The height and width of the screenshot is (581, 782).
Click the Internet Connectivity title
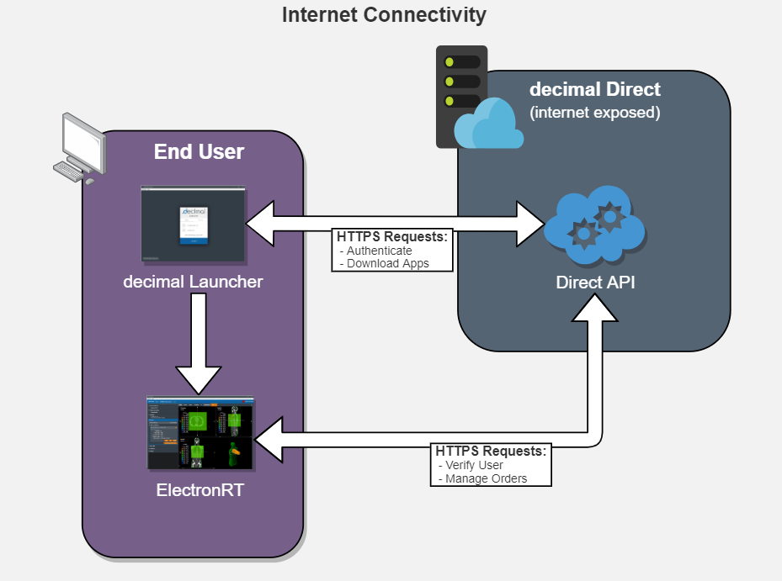point(384,15)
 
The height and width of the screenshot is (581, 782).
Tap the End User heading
point(199,151)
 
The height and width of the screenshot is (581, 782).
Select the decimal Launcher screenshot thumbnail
point(194,223)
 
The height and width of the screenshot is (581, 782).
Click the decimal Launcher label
point(193,282)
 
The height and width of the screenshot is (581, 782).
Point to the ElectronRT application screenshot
point(200,433)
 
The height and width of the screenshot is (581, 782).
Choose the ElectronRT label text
point(200,490)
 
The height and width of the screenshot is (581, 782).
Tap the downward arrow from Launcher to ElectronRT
point(199,343)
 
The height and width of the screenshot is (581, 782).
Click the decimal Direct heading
point(595,89)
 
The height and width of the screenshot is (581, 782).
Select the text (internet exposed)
point(595,113)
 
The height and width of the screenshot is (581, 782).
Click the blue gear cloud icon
point(594,225)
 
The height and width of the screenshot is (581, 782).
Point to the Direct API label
point(595,282)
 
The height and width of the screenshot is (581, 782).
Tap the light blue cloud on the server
point(488,124)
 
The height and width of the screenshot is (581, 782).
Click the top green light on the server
point(450,61)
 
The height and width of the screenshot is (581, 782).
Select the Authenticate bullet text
point(376,251)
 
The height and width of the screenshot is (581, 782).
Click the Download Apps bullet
point(384,263)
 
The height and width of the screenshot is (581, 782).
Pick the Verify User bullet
point(471,466)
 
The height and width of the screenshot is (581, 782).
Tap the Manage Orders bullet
point(483,478)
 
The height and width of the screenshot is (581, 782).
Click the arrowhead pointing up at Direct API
point(595,308)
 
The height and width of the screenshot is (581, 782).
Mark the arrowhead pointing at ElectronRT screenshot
point(269,440)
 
